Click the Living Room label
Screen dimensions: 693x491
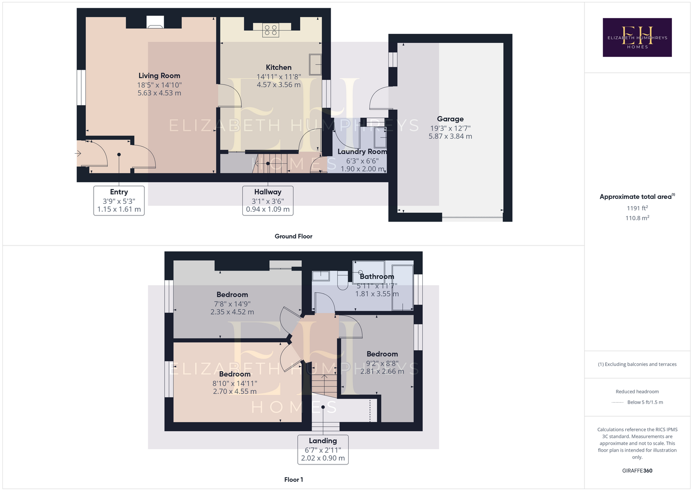pos(159,76)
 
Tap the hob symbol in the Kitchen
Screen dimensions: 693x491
pos(270,30)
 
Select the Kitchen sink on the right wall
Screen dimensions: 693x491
pos(315,64)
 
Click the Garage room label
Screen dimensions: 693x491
pos(450,119)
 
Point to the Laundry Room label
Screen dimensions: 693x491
pos(362,152)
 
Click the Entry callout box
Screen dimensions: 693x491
pos(119,200)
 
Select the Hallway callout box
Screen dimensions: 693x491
pos(268,200)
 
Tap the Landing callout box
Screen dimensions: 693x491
pos(323,449)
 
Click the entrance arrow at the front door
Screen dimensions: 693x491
pos(77,153)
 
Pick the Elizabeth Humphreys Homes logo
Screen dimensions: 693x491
pos(637,37)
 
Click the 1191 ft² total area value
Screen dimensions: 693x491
pos(637,208)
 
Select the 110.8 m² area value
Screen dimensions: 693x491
pos(637,218)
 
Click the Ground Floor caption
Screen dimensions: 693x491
pos(293,236)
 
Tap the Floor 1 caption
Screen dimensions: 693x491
pos(293,480)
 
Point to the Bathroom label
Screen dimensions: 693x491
pos(377,276)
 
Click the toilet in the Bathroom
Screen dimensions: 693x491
pos(342,280)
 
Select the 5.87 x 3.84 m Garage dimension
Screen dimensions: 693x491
pos(450,136)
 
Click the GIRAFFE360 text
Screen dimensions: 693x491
pos(637,470)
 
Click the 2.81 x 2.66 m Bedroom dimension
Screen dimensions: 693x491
pos(382,371)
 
